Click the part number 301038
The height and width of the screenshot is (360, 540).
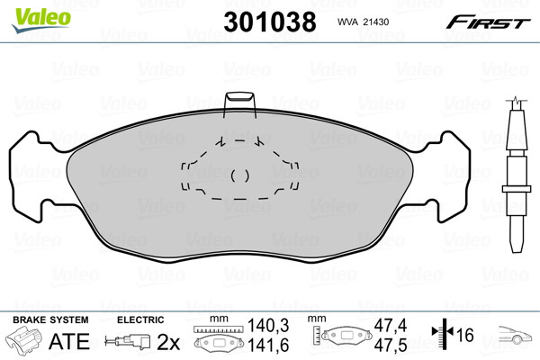click(270, 22)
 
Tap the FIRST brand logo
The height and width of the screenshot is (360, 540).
click(488, 22)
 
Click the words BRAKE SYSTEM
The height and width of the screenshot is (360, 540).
click(50, 319)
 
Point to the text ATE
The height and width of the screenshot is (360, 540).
click(69, 341)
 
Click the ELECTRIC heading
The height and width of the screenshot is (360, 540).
click(140, 319)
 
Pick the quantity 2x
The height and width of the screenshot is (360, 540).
click(168, 342)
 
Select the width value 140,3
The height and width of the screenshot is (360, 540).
click(268, 326)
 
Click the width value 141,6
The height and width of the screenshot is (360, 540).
click(268, 346)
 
